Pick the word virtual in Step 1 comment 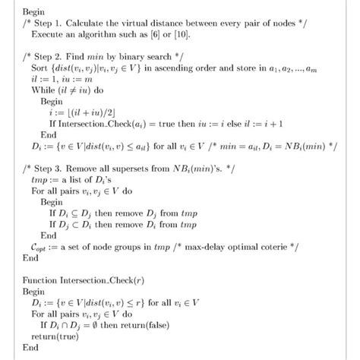[117, 24]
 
